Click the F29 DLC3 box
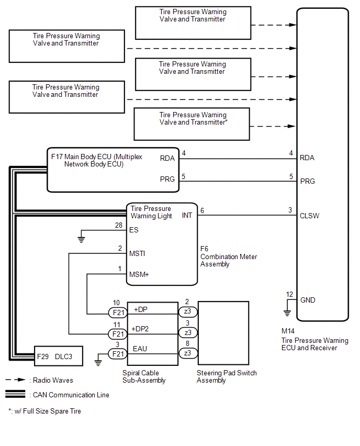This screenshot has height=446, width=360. (58, 356)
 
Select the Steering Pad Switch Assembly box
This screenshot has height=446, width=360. (223, 333)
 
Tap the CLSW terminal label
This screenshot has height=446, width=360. (309, 216)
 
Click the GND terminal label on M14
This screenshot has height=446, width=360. (308, 300)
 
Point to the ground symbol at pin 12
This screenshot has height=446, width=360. (287, 313)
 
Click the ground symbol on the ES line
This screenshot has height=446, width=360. (81, 240)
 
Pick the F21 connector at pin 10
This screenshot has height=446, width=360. (118, 313)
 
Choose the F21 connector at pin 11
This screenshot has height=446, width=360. (118, 334)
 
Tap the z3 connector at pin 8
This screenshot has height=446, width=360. (188, 353)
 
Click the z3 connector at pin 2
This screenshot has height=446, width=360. (188, 311)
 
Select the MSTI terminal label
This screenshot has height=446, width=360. (137, 253)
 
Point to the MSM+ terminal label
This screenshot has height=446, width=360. (139, 274)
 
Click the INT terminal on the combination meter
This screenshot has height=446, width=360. (187, 215)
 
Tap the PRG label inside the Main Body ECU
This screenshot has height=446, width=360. (167, 179)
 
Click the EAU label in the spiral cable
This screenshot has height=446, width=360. (140, 349)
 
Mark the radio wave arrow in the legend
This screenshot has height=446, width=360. (16, 380)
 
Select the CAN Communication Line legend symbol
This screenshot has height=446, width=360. (15, 394)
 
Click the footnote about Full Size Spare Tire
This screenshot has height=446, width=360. (44, 411)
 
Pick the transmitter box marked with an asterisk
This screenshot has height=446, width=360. (192, 124)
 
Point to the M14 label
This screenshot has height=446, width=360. (288, 331)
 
